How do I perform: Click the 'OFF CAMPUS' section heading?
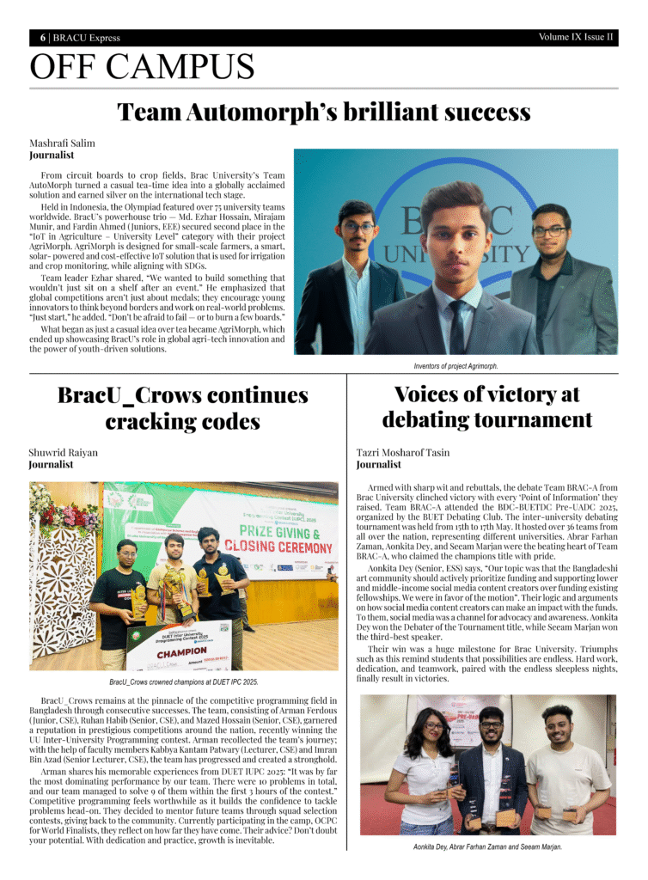click(142, 67)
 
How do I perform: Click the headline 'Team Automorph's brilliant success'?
click(323, 112)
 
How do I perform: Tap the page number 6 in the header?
click(42, 38)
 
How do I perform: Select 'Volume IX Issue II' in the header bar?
click(576, 37)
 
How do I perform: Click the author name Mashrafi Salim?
click(62, 143)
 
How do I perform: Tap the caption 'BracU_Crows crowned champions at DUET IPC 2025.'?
click(183, 681)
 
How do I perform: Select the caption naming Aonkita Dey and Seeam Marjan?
click(487, 847)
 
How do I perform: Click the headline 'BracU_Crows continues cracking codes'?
click(182, 408)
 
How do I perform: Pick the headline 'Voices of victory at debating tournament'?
click(486, 406)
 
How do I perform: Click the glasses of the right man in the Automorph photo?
click(548, 231)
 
